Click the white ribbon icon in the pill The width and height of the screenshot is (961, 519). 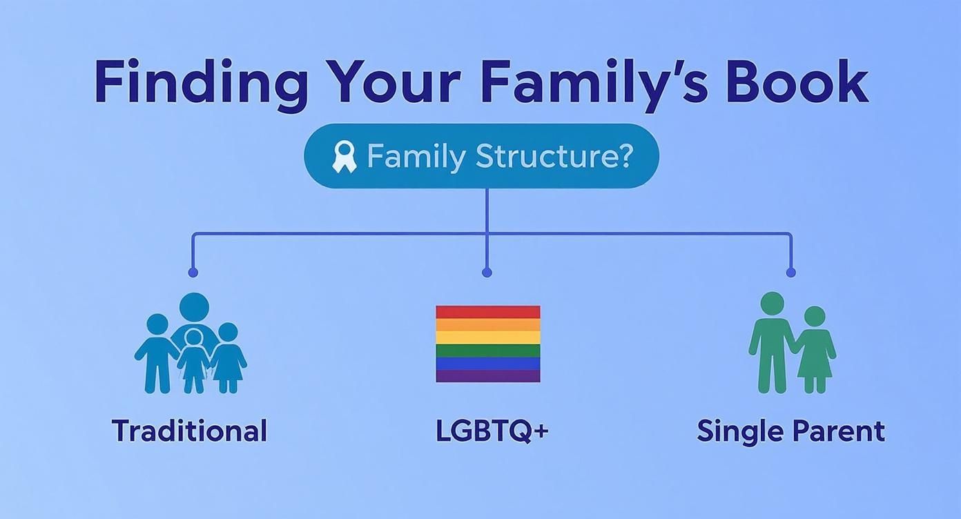(x=344, y=157)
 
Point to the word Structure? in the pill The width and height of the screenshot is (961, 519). (x=554, y=156)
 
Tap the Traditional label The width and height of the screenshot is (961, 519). (x=189, y=431)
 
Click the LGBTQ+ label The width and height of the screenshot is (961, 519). (x=492, y=431)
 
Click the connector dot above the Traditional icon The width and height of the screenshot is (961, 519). (x=193, y=273)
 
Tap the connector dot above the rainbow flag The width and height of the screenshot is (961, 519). (x=487, y=273)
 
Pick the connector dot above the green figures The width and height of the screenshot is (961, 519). (x=791, y=273)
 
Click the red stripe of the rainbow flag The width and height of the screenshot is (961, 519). (x=488, y=312)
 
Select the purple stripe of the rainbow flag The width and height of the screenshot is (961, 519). (x=488, y=375)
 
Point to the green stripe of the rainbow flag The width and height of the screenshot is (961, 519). (x=488, y=351)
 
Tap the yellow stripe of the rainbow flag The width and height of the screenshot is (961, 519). (x=488, y=337)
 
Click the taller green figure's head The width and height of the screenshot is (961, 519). (x=773, y=304)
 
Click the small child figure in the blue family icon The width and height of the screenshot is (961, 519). (x=193, y=361)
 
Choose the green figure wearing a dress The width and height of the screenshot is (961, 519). (x=815, y=350)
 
